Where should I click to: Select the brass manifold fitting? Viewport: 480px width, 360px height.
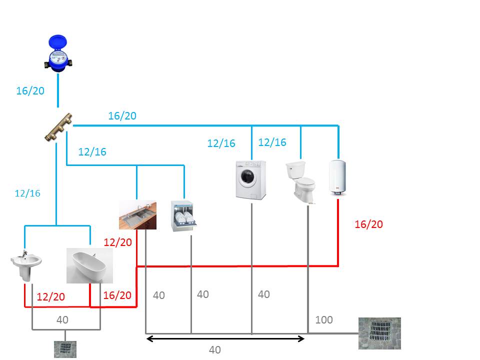[x=58, y=127]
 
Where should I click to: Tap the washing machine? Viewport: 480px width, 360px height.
[x=251, y=180]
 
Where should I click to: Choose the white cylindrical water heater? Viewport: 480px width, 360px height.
[x=337, y=178]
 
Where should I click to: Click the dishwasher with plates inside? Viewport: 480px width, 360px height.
[x=183, y=215]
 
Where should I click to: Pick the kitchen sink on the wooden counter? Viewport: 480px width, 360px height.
[x=137, y=214]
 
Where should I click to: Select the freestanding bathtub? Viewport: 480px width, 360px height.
[x=89, y=265]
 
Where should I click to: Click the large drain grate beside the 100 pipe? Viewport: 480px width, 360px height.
[x=380, y=333]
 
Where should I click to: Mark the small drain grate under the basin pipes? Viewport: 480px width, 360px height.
[x=65, y=348]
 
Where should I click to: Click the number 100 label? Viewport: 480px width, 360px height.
[x=324, y=320]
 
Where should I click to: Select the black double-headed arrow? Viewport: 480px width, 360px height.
[x=225, y=338]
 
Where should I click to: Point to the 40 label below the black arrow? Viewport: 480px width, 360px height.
[x=214, y=350]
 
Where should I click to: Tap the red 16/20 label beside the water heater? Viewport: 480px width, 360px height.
[x=368, y=224]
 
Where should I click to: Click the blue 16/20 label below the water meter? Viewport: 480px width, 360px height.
[x=30, y=91]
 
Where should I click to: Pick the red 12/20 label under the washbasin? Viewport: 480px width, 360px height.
[x=50, y=297]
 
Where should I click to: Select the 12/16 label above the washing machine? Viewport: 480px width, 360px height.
[x=221, y=143]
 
